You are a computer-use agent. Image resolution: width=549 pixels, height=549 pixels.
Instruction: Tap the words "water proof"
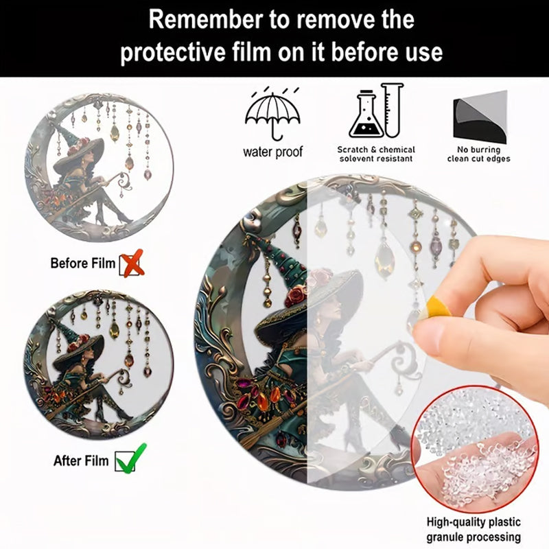(272, 152)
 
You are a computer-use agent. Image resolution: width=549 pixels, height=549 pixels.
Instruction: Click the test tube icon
(393, 110)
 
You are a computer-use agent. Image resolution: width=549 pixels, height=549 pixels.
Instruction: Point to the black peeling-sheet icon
(480, 117)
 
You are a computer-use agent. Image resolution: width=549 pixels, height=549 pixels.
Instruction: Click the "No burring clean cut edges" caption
(478, 154)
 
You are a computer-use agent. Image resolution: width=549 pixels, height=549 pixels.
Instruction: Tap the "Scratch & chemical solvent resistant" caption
(376, 154)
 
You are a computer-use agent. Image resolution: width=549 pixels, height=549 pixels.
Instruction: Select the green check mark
(131, 458)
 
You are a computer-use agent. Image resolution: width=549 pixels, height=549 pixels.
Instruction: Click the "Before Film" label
(82, 263)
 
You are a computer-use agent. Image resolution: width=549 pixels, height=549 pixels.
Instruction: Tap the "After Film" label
(81, 460)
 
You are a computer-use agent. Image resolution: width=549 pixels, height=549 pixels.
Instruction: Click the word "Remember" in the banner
(206, 20)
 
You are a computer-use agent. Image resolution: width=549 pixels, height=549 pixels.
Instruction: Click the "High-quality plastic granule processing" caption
(474, 529)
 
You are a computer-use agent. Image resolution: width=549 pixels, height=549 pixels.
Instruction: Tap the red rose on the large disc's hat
(295, 296)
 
